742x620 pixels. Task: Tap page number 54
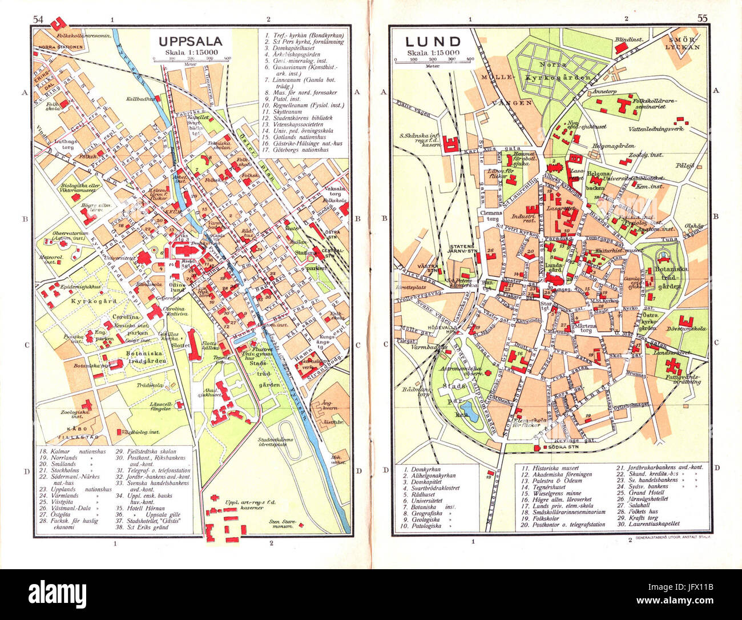[38, 19]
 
